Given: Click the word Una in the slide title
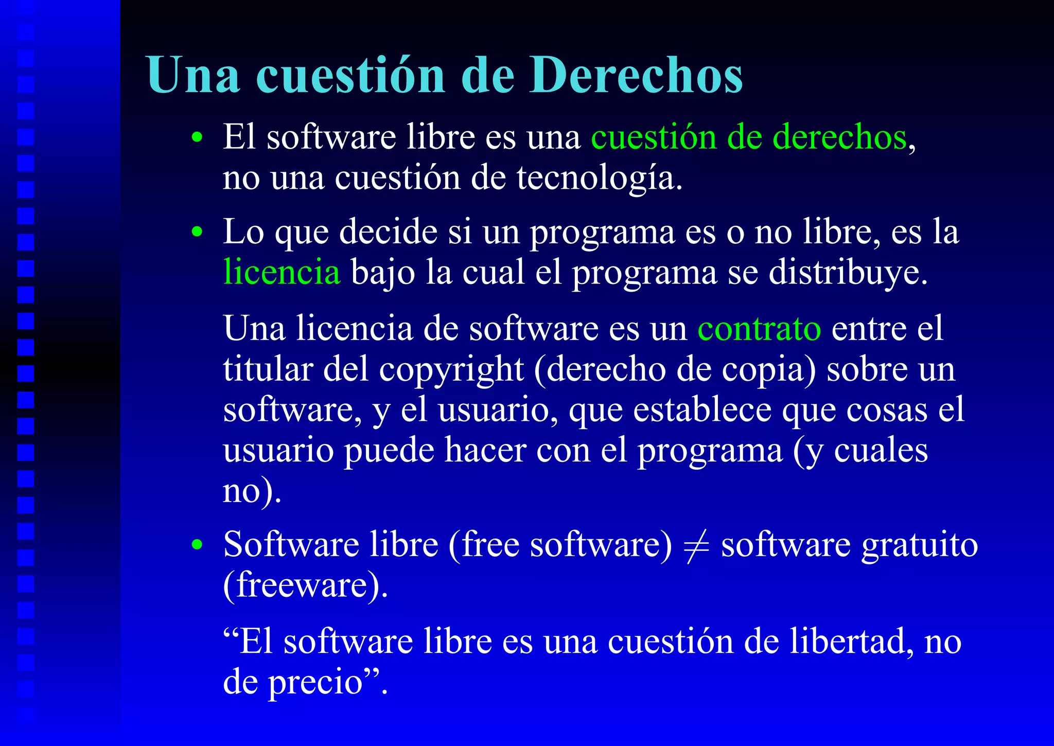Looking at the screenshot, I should coord(193,75).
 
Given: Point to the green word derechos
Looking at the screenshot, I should coord(840,137).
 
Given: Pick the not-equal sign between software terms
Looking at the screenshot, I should coord(696,544).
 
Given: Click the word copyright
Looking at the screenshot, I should coord(451,369).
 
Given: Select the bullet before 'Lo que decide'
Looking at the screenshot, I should coord(197,232).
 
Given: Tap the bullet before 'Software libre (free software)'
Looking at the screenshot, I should coord(197,545).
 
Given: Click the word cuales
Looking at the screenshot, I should coord(881,450).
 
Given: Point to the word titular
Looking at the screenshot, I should coord(268,369).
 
